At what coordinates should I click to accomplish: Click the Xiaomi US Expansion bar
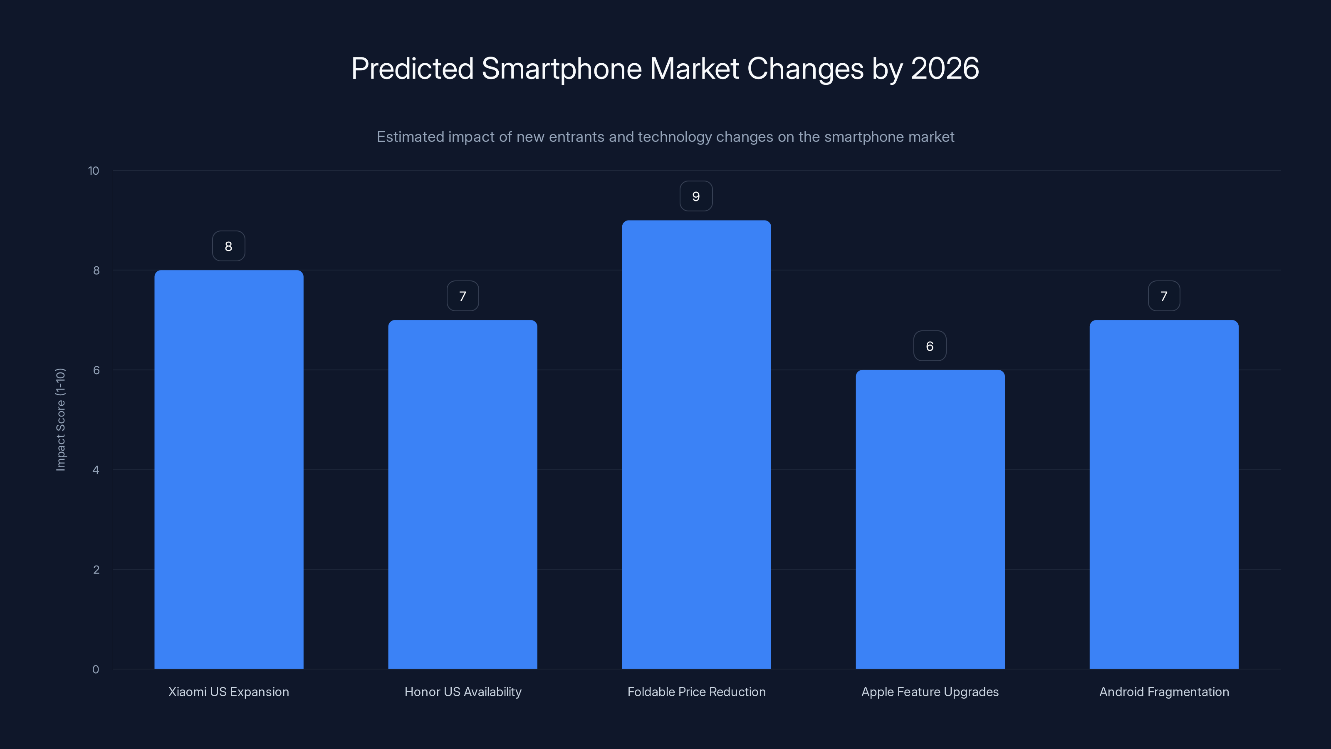pos(228,469)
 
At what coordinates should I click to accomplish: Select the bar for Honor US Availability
pos(463,494)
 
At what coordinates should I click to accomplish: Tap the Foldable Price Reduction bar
pos(696,444)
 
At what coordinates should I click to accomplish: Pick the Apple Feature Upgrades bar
pos(930,519)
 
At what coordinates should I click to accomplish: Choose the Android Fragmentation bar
pos(1164,494)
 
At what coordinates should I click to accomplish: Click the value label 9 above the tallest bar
pos(696,196)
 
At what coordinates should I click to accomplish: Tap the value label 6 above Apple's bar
pos(930,346)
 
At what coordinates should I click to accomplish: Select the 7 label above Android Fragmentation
pos(1164,296)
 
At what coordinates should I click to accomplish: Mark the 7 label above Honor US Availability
pos(463,296)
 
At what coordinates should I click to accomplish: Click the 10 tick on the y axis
pos(94,171)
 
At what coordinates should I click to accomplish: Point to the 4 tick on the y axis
pos(96,470)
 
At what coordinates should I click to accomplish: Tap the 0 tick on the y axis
pos(96,670)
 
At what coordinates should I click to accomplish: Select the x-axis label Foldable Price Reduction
pos(696,692)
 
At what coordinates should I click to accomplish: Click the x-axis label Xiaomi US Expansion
pos(228,692)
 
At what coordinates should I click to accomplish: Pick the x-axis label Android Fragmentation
pos(1164,692)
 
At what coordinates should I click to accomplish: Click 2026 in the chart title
pos(945,69)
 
